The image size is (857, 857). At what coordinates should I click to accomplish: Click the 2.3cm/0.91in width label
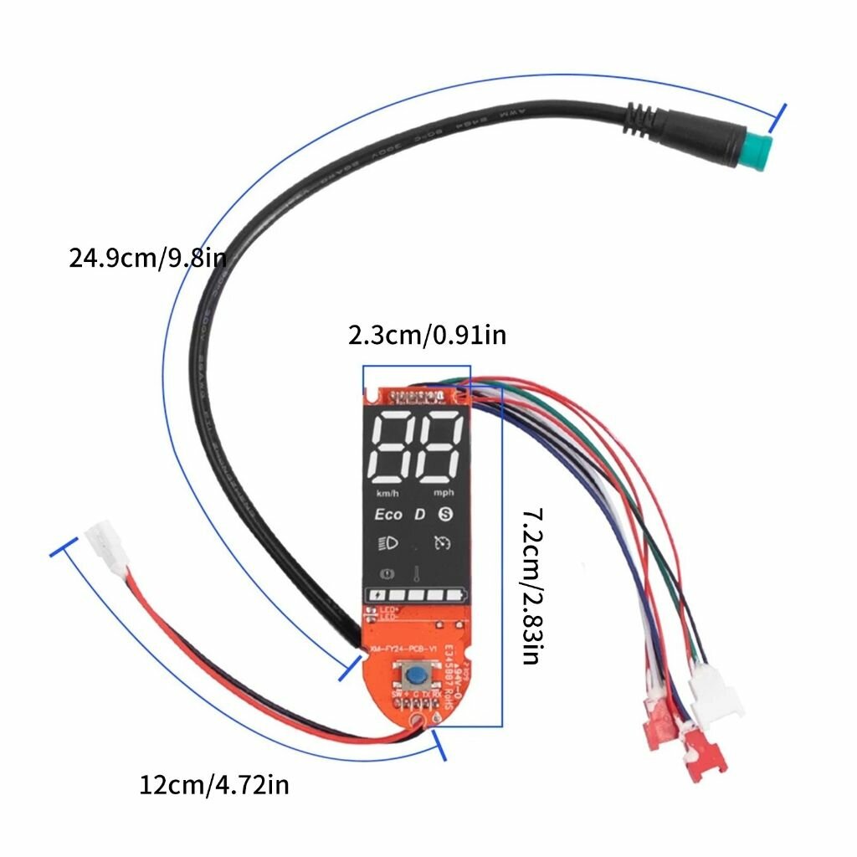click(427, 336)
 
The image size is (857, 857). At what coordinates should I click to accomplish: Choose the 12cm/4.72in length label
click(214, 785)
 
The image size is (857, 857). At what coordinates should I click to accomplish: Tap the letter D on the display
click(420, 514)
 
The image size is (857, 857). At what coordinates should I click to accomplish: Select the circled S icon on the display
click(448, 514)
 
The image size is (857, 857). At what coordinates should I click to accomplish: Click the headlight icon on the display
click(389, 542)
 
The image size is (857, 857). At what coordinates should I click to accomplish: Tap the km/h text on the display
click(387, 493)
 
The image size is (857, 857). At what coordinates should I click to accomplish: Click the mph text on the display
click(444, 493)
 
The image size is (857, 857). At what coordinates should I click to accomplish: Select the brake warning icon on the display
click(387, 575)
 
